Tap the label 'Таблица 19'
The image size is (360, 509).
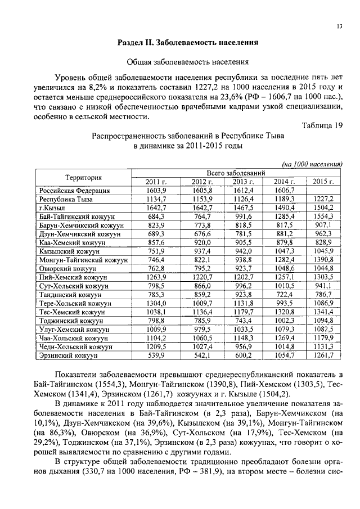click(322, 125)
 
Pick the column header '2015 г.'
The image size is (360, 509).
click(323, 182)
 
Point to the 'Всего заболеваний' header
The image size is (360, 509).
click(236, 173)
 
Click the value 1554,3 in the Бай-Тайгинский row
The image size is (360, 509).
click(323, 217)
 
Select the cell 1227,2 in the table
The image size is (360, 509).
click(323, 199)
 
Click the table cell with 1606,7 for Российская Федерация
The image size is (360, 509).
click(284, 191)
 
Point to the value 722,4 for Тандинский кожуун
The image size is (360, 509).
click(284, 295)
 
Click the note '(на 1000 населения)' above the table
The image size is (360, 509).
click(312, 164)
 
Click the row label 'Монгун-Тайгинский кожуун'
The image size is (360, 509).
click(83, 260)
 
